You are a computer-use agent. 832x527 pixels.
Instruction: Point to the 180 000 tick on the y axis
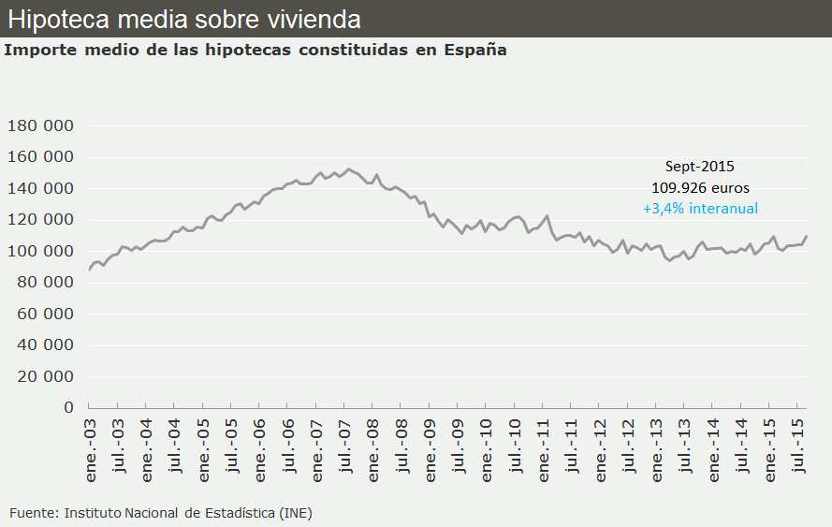40,126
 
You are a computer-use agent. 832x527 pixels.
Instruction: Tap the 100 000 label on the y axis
40,252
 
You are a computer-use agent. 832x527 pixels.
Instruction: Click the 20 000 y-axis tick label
45,377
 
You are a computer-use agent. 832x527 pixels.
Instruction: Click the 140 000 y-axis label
40,189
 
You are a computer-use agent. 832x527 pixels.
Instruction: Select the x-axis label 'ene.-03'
91,451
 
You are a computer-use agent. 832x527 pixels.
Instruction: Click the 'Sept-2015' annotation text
700,167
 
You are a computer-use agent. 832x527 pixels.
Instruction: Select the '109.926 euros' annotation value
700,187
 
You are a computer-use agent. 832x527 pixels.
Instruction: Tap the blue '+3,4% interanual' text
700,209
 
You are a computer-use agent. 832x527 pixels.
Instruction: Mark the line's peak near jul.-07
348,169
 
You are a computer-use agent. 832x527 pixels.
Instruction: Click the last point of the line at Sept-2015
807,236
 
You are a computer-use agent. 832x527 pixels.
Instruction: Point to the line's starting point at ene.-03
89,270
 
